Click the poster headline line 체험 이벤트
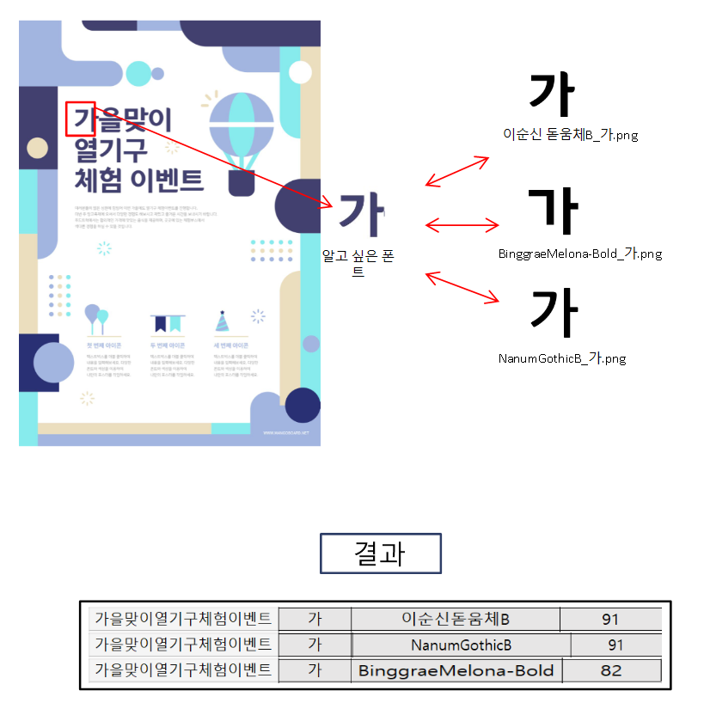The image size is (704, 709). click(139, 180)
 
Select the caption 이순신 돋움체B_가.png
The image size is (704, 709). click(571, 135)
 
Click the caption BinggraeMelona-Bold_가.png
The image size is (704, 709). click(580, 254)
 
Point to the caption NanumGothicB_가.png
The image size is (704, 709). click(562, 358)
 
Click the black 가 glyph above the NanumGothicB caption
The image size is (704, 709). click(554, 311)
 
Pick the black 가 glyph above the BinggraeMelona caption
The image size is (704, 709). click(554, 211)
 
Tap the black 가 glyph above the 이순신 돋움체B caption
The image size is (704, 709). click(551, 95)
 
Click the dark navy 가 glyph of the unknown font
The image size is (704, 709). click(361, 215)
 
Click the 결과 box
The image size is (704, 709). click(380, 553)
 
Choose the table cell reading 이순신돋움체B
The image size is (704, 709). click(456, 619)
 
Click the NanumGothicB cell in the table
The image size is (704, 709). click(461, 645)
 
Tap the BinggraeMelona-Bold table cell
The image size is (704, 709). click(456, 670)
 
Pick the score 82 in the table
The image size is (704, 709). click(611, 670)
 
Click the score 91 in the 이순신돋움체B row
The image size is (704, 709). click(611, 619)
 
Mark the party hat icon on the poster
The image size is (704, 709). click(223, 321)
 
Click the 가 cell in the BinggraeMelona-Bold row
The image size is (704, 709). click(315, 670)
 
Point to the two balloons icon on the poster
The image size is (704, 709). click(96, 318)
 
